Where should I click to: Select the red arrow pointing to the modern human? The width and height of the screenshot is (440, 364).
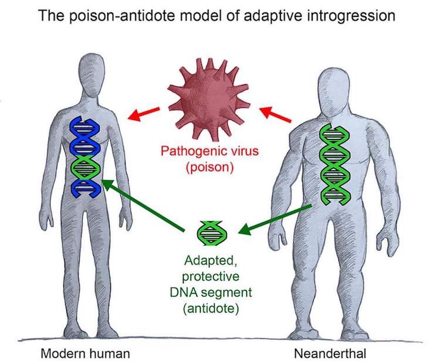coord(145,112)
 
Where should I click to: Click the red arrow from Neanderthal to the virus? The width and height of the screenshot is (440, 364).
coord(275,115)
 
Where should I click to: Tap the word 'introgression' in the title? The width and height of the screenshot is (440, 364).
coord(348,15)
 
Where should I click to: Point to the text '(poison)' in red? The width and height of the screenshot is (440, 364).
coord(209,166)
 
